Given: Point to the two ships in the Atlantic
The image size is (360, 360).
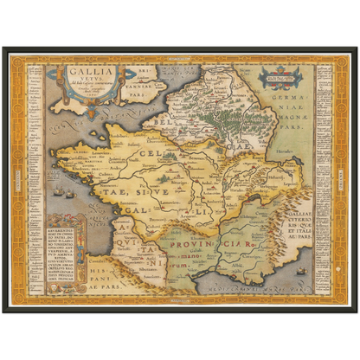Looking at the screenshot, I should tap(61, 191).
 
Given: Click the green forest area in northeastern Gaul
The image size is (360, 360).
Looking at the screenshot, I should tap(213, 108).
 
